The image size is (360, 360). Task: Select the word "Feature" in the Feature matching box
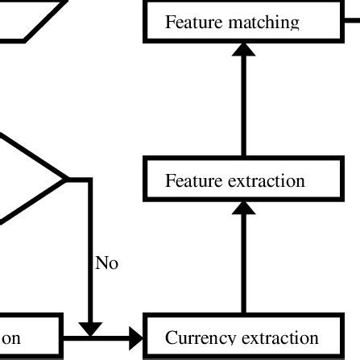pos(191,22)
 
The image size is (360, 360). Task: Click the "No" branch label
pos(106,263)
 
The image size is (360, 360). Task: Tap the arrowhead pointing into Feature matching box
pos(242,48)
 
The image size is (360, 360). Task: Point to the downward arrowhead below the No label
pos(90,329)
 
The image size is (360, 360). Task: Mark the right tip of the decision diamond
pos(65,180)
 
